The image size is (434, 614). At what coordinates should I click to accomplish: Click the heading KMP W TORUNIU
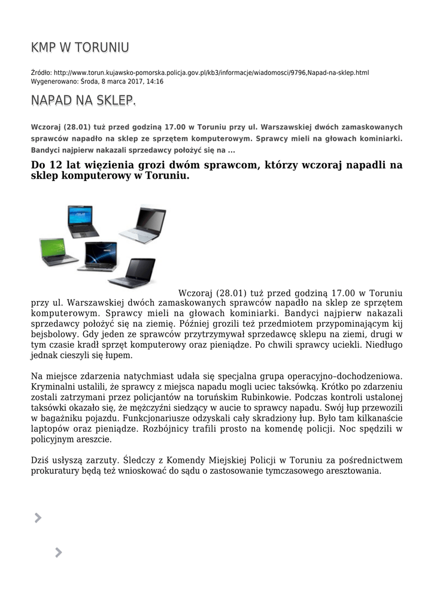pos(80,47)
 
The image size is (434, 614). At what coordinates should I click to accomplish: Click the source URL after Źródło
pos(211,73)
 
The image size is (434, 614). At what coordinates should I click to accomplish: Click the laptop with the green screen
pos(58,252)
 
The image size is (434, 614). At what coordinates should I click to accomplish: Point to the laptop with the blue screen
pos(83,220)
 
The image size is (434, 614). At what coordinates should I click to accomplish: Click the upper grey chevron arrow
pos(38,518)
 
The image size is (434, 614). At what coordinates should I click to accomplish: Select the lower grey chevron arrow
pos(58,553)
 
